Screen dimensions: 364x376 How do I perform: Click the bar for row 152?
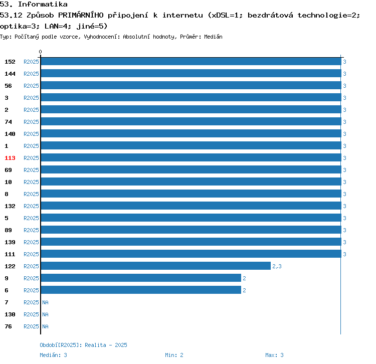(191, 62)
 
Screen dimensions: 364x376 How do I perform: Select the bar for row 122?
(155, 266)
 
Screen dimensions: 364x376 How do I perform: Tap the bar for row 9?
(141, 278)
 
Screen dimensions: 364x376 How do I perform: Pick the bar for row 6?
(141, 290)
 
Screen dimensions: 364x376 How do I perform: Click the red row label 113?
(10, 158)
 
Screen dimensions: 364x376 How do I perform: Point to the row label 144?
(10, 74)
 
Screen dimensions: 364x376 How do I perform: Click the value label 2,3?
(277, 266)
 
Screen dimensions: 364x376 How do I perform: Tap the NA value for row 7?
(45, 302)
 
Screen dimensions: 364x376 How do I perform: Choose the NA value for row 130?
(45, 314)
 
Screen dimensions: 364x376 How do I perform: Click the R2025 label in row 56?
(31, 86)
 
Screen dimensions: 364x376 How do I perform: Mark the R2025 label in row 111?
(31, 254)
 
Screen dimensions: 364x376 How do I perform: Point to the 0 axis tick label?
(41, 52)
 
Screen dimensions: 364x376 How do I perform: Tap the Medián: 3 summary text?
(53, 355)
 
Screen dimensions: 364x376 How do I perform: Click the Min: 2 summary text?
(174, 355)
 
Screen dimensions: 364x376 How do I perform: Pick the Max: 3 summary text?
(274, 355)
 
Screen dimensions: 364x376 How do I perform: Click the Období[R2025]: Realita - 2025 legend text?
(83, 345)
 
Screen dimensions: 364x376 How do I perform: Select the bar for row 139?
(191, 242)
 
